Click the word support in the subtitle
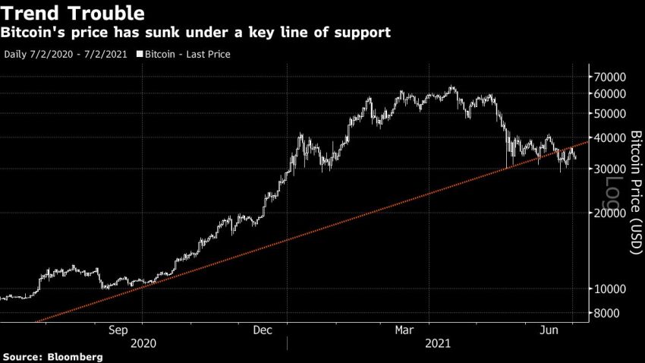pyautogui.click(x=363, y=33)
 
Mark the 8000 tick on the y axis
pyautogui.click(x=608, y=314)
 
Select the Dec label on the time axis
pyautogui.click(x=262, y=330)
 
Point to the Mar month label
pyautogui.click(x=404, y=330)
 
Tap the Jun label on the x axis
pyautogui.click(x=548, y=330)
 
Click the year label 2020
pyautogui.click(x=143, y=344)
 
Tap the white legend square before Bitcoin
pyautogui.click(x=139, y=55)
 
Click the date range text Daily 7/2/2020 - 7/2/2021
pyautogui.click(x=67, y=55)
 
